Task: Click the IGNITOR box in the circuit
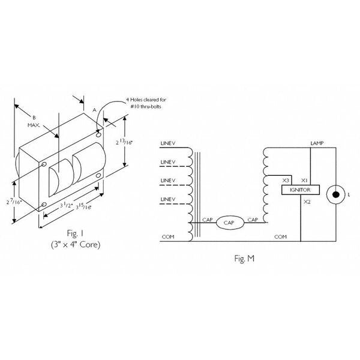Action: click(x=301, y=190)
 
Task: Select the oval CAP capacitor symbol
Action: click(x=230, y=223)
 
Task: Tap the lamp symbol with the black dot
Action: click(x=335, y=194)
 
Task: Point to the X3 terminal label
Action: click(x=286, y=181)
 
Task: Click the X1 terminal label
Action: click(x=304, y=181)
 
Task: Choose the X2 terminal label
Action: click(x=307, y=202)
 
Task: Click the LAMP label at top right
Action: click(x=317, y=143)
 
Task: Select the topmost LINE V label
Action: click(x=168, y=143)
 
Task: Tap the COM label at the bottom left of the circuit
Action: click(x=168, y=237)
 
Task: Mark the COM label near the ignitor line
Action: click(x=280, y=237)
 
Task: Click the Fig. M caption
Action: click(x=244, y=259)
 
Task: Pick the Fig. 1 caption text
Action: click(x=75, y=233)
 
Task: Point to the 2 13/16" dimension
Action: click(x=124, y=142)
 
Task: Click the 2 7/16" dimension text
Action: click(x=14, y=202)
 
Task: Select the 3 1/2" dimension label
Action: click(x=67, y=205)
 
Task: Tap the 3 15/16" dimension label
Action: click(x=83, y=206)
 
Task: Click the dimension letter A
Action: click(x=94, y=110)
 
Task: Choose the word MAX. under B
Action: click(x=34, y=125)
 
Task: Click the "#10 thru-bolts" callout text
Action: click(x=146, y=107)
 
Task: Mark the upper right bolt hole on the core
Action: click(x=98, y=134)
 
